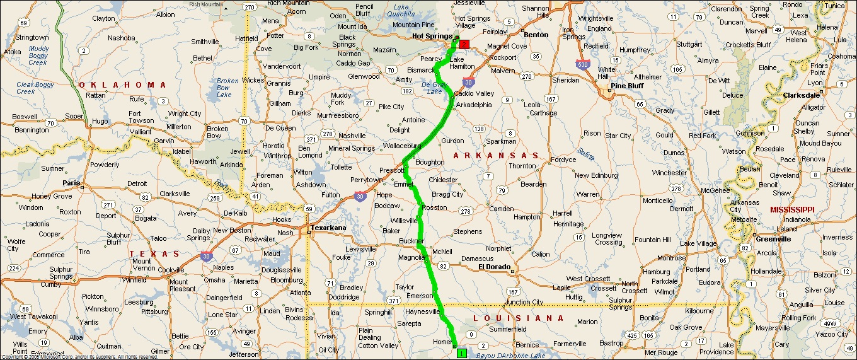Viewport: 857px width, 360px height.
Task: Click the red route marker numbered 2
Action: tap(464, 44)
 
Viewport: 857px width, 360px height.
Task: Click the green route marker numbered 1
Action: tap(461, 354)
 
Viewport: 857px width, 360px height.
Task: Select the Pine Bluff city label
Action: tap(628, 86)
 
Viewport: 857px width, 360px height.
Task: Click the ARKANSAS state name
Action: tap(497, 155)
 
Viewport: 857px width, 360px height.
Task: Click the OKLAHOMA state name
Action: tap(123, 84)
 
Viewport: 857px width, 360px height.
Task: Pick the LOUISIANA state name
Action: tap(519, 318)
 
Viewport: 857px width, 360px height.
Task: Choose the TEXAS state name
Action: tap(154, 253)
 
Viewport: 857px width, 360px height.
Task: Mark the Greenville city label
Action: tap(774, 239)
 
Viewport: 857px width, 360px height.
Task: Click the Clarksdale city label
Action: tap(802, 95)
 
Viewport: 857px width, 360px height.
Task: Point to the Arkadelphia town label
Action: tap(474, 104)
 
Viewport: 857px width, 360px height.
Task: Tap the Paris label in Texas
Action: tap(71, 183)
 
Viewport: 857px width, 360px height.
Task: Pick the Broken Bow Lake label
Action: tap(227, 88)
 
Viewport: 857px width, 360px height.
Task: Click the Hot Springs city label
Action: tap(432, 37)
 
